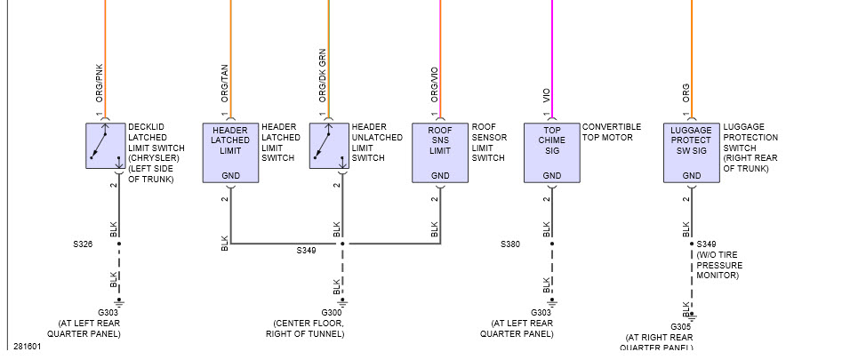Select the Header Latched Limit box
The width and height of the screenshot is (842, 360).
tap(230, 152)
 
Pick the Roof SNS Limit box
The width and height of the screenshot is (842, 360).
tap(440, 152)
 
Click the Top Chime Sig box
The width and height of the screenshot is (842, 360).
tap(552, 152)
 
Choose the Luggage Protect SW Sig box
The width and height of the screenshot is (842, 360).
tap(692, 152)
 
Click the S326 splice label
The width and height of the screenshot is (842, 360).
tap(83, 243)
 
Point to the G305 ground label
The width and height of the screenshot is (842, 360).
tap(681, 326)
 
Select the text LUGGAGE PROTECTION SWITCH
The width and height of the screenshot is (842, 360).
tap(750, 143)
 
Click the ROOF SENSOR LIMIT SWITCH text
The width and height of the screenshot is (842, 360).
tap(488, 142)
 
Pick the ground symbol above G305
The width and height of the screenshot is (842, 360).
tap(692, 316)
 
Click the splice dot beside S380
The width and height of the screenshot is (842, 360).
tap(552, 243)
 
